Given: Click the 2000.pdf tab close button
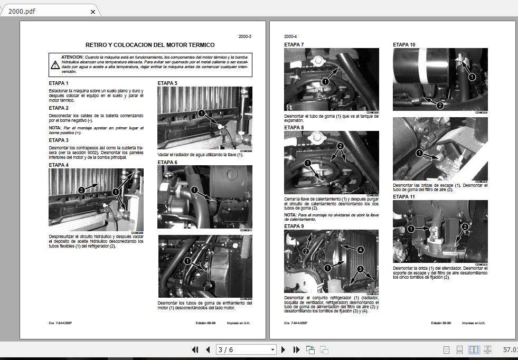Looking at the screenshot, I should (x=93, y=11).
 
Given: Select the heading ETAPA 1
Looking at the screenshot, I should (x=59, y=83).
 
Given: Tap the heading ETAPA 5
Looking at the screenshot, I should (x=167, y=83).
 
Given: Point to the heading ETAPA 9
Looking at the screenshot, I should (x=294, y=226).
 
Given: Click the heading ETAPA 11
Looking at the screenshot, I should (x=404, y=196).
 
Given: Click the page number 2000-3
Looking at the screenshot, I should (x=244, y=36).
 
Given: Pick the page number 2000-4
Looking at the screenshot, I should (x=291, y=36).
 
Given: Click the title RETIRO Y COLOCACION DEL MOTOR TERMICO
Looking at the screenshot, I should (x=150, y=45).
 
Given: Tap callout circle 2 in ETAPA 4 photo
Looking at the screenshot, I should (x=81, y=190).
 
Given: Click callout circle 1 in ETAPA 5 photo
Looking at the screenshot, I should (x=201, y=113).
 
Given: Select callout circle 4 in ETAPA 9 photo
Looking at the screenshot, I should (x=360, y=250).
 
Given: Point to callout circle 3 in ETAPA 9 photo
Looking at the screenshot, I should (x=360, y=269).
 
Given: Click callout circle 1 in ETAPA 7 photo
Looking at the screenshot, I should (x=325, y=82).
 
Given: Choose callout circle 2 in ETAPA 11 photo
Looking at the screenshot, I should (x=465, y=227).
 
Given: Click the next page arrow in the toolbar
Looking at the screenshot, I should (x=284, y=349).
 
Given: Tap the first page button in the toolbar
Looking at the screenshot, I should (x=195, y=349).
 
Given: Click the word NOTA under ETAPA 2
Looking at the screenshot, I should (x=55, y=128).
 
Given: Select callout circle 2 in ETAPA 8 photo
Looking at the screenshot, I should (x=341, y=146).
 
